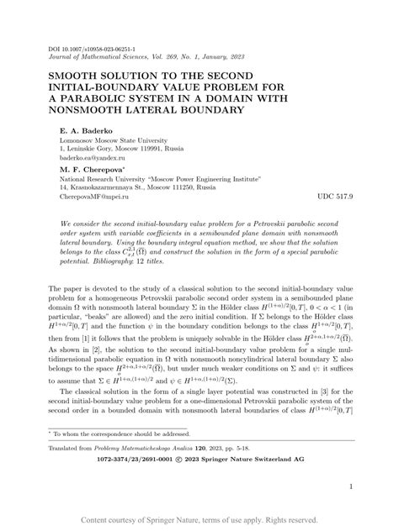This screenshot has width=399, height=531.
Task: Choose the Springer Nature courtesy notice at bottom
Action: [199, 520]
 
